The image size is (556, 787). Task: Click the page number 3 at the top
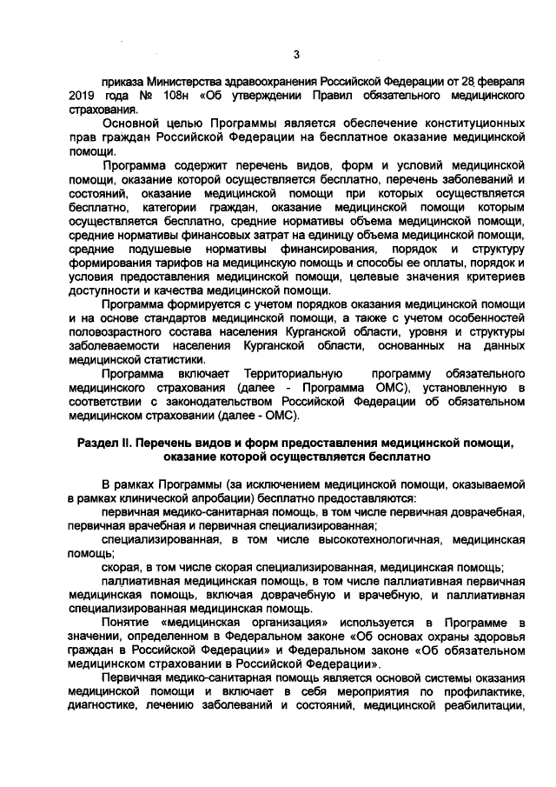coord(295,57)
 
